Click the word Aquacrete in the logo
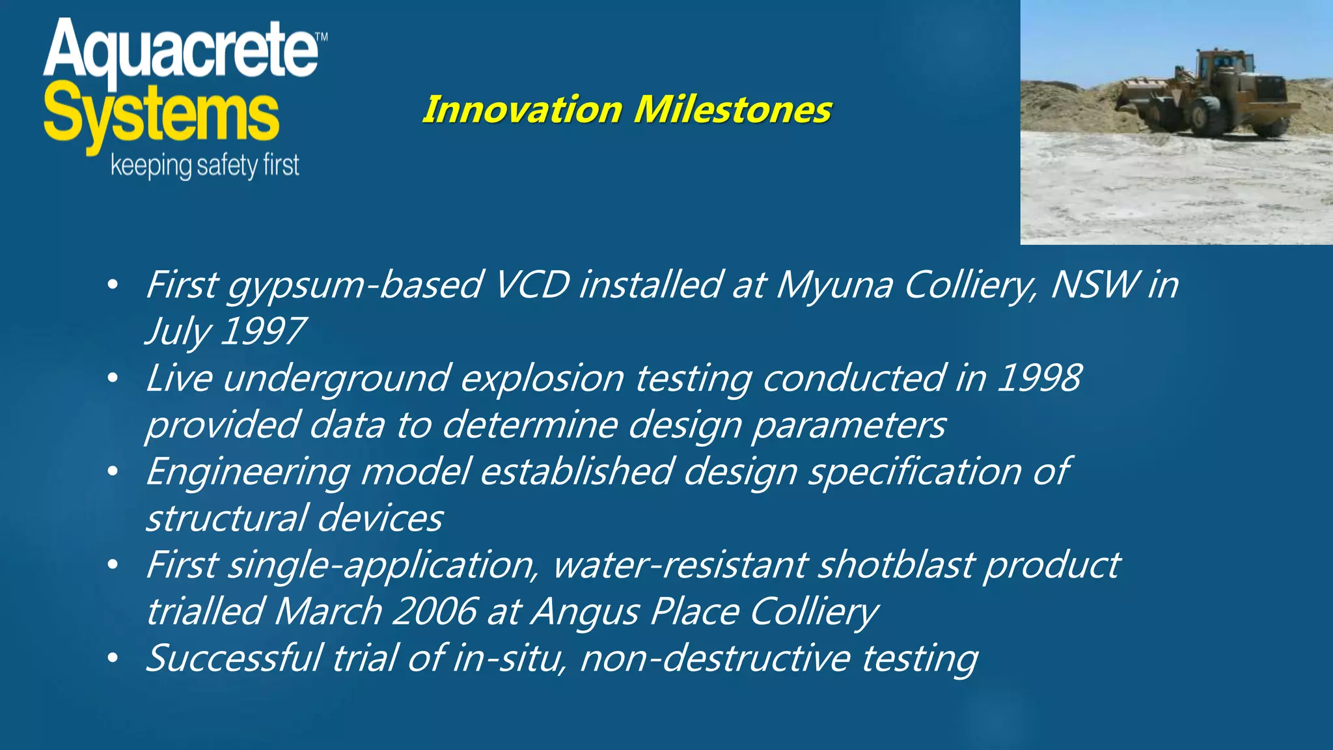pos(180,51)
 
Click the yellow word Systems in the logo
pos(161,117)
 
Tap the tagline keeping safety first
pos(204,166)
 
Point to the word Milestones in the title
pos(732,109)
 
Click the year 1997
pos(262,331)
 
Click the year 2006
pos(435,611)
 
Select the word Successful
pos(234,658)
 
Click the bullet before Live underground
pos(113,378)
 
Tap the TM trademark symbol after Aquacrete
pos(321,38)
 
